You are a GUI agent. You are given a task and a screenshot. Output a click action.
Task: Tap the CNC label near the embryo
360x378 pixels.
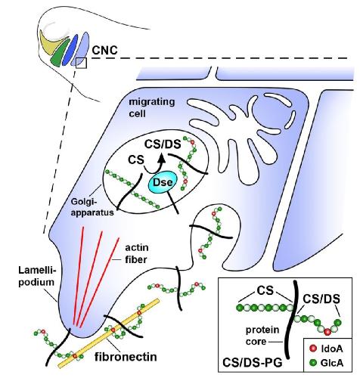(x=104, y=50)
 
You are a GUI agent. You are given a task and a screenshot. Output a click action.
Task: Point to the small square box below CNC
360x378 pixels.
(x=82, y=63)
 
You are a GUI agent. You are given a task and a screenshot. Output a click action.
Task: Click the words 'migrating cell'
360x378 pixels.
(x=152, y=107)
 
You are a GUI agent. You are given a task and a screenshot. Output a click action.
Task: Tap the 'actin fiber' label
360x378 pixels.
(x=137, y=253)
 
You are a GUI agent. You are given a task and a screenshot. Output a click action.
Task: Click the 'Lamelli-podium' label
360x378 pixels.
(x=36, y=276)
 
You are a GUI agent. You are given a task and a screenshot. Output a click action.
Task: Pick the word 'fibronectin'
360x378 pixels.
(x=126, y=357)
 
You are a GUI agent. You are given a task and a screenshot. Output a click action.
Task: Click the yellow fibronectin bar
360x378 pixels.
(x=109, y=333)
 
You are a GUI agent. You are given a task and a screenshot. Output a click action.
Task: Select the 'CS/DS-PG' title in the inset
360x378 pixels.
(x=253, y=363)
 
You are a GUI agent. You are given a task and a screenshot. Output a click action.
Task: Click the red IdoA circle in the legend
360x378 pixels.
(x=313, y=349)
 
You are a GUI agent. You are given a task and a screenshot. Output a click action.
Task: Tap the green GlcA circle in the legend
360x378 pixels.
(x=313, y=363)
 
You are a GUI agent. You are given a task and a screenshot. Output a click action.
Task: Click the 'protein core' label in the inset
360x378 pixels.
(x=262, y=336)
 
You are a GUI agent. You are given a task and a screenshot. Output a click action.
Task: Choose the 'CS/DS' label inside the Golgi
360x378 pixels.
(x=163, y=144)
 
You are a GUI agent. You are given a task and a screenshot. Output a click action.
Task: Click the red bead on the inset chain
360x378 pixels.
(x=327, y=332)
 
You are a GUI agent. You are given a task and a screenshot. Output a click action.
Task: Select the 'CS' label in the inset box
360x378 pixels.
(x=265, y=290)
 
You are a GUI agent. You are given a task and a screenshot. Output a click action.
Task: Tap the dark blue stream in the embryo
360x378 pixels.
(x=70, y=49)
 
